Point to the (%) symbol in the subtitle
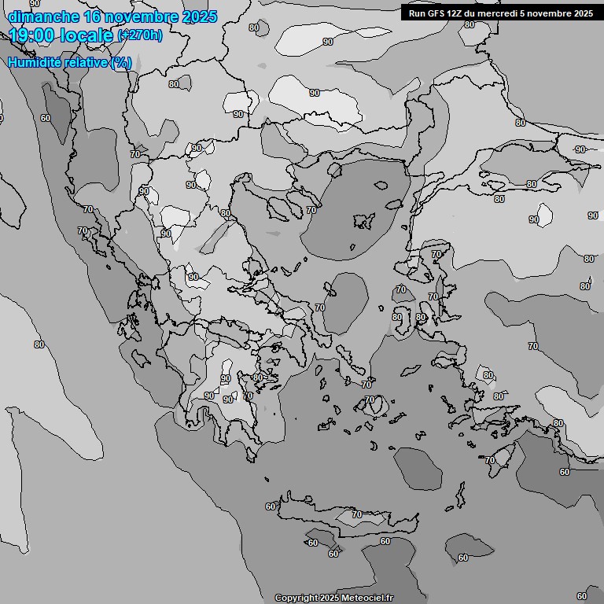point(121,63)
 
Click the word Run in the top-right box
point(416,13)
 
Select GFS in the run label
point(436,13)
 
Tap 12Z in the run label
point(455,13)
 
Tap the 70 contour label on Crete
point(357,515)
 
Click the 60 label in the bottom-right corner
point(582,596)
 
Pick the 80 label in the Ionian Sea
point(39,344)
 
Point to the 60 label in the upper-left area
point(46,118)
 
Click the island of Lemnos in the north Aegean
point(363,221)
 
